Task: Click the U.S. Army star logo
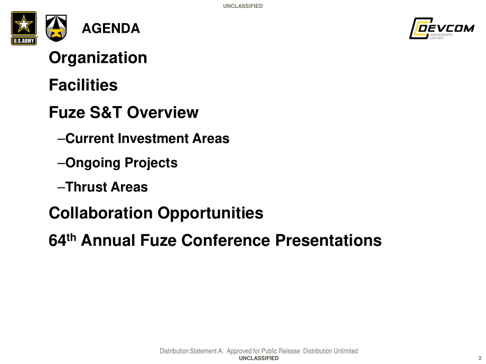pyautogui.click(x=24, y=28)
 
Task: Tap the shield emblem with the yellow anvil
pyautogui.click(x=56, y=28)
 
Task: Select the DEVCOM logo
pyautogui.click(x=442, y=28)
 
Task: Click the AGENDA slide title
pyautogui.click(x=111, y=28)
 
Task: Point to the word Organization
pyautogui.click(x=98, y=58)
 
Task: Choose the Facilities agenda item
pyautogui.click(x=83, y=85)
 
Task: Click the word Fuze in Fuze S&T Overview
pyautogui.click(x=67, y=112)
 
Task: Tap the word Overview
pyautogui.click(x=163, y=112)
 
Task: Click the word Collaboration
pyautogui.click(x=101, y=213)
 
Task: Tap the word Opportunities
pyautogui.click(x=210, y=214)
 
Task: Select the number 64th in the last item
pyautogui.click(x=62, y=240)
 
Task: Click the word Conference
pyautogui.click(x=226, y=241)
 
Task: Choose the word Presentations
pyautogui.click(x=329, y=241)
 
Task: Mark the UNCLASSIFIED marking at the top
pyautogui.click(x=243, y=6)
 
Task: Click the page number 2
pyautogui.click(x=480, y=358)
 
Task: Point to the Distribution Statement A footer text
pyautogui.click(x=259, y=351)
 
